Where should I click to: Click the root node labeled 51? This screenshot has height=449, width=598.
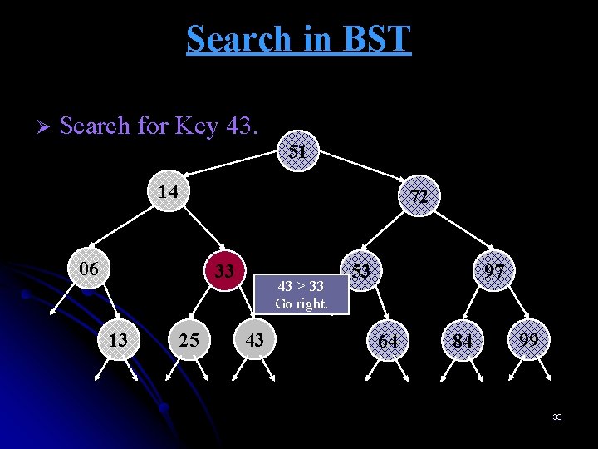pos(298,152)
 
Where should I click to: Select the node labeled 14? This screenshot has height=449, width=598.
pos(169,191)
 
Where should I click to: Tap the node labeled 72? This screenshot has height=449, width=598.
pos(419,197)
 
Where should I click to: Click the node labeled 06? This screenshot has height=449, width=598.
pos(89,269)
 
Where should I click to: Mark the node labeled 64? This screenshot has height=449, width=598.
pos(388,341)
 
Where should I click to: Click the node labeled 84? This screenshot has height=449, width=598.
pos(462,341)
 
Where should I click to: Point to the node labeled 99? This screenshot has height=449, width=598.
pos(529,339)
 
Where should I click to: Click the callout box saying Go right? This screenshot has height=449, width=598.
pos(301,295)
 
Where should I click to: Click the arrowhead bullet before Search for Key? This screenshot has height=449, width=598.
pos(45,127)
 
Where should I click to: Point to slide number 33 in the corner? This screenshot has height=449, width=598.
pos(557,417)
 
